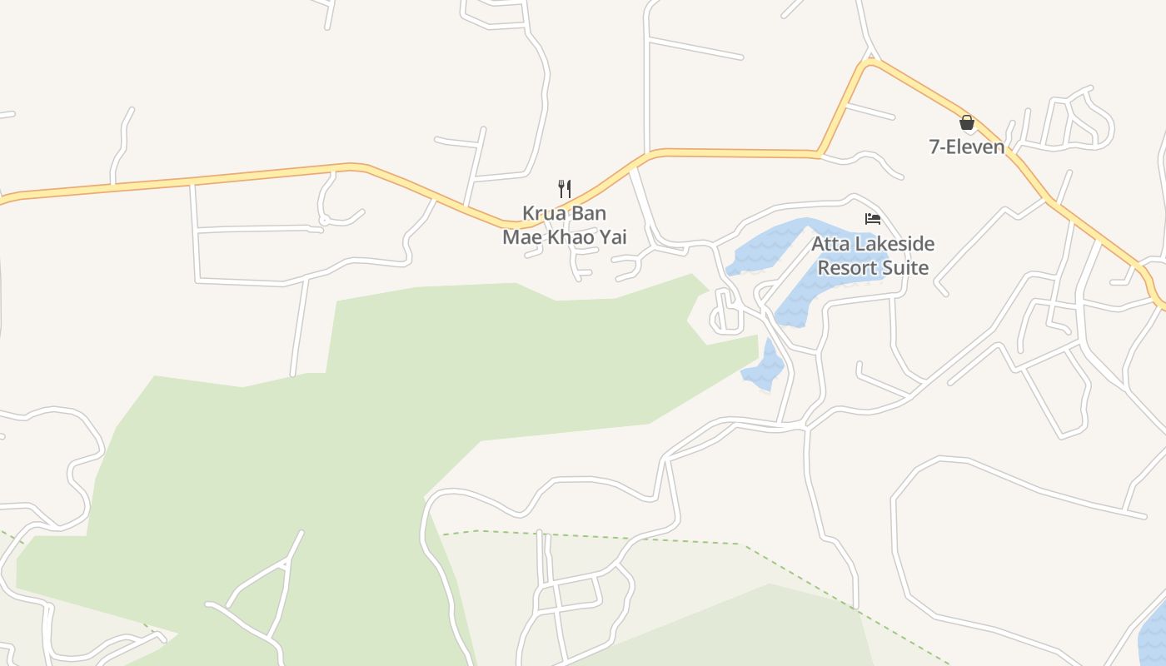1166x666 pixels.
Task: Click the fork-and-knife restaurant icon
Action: [564, 188]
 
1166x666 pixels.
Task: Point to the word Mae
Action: [521, 237]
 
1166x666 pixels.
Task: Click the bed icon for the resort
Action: [872, 219]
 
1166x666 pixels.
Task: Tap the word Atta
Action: [833, 244]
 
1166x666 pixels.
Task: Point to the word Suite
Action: [909, 267]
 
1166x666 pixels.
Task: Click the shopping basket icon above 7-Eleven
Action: [966, 122]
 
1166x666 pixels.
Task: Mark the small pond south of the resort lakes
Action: [765, 370]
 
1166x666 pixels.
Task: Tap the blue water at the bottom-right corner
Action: [1154, 637]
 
